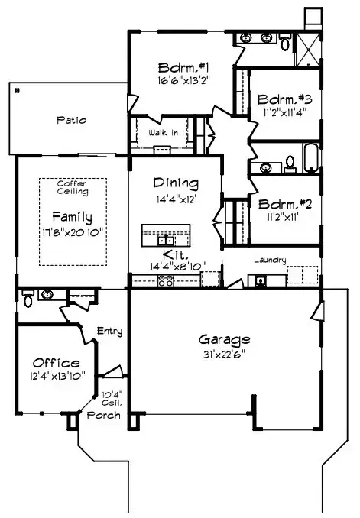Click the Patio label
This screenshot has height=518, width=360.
[x=71, y=120]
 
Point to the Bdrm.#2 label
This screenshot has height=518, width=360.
[x=284, y=204]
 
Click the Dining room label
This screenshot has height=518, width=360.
[x=176, y=183]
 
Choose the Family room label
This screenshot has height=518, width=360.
[x=72, y=216]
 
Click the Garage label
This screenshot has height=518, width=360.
[x=225, y=338]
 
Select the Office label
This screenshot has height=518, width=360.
[x=56, y=362]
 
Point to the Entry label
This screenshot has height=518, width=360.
[x=110, y=331]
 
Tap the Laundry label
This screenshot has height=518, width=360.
[x=271, y=261]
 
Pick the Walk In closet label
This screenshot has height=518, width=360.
[x=163, y=133]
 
